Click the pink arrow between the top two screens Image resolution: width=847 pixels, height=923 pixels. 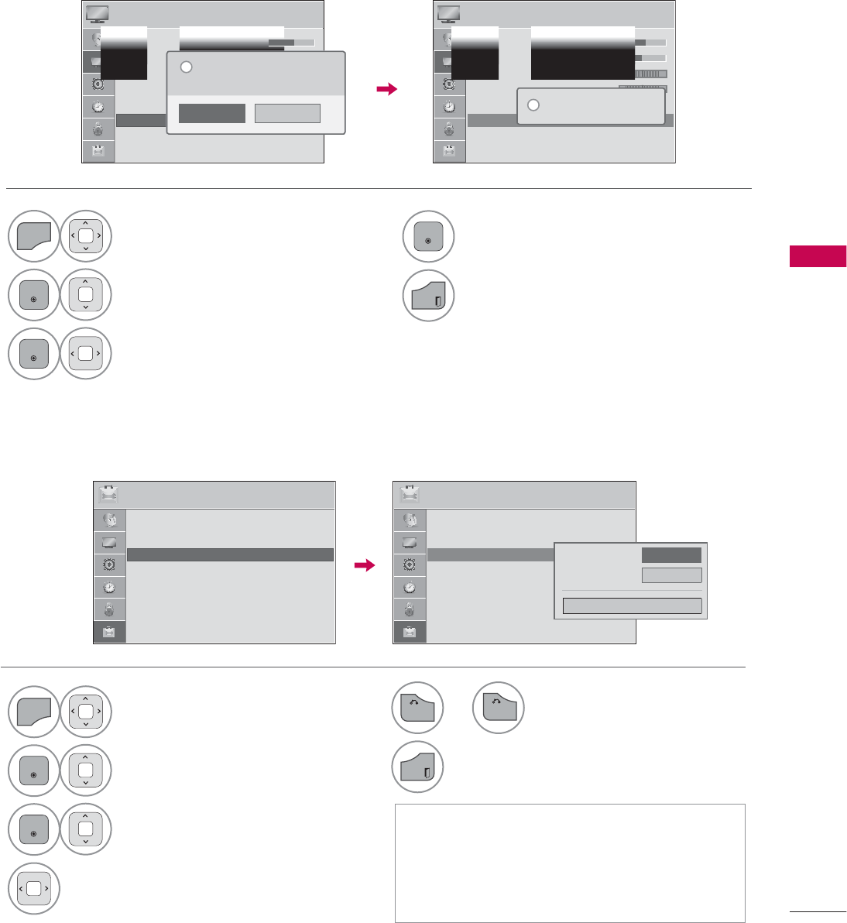(x=386, y=90)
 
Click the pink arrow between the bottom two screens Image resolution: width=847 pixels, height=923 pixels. (x=364, y=566)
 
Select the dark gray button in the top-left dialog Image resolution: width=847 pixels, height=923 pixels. (x=211, y=113)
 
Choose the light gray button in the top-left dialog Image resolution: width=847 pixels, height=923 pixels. (x=287, y=113)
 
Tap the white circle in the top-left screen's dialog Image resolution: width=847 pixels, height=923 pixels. (x=186, y=67)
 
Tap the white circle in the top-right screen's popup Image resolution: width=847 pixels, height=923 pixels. (x=533, y=105)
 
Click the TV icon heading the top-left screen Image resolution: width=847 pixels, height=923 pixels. (x=97, y=14)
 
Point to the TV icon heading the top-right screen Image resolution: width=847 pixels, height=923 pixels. (x=448, y=14)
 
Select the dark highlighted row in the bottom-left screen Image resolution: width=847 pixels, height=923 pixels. (x=230, y=554)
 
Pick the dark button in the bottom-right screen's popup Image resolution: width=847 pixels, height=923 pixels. (x=671, y=554)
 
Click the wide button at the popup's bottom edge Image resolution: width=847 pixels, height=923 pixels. (x=632, y=606)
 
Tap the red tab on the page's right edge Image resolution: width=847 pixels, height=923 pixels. (x=818, y=256)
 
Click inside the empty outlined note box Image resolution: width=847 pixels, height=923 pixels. (x=570, y=863)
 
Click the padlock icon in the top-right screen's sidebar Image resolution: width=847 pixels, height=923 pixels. (x=449, y=129)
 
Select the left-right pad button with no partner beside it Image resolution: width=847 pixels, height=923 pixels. (x=33, y=889)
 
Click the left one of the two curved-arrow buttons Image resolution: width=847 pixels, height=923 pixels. (x=417, y=708)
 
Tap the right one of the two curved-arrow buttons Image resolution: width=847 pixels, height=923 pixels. (x=499, y=708)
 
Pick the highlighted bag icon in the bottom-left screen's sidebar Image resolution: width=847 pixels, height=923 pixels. (x=109, y=632)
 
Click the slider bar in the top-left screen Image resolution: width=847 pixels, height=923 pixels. (x=291, y=42)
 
